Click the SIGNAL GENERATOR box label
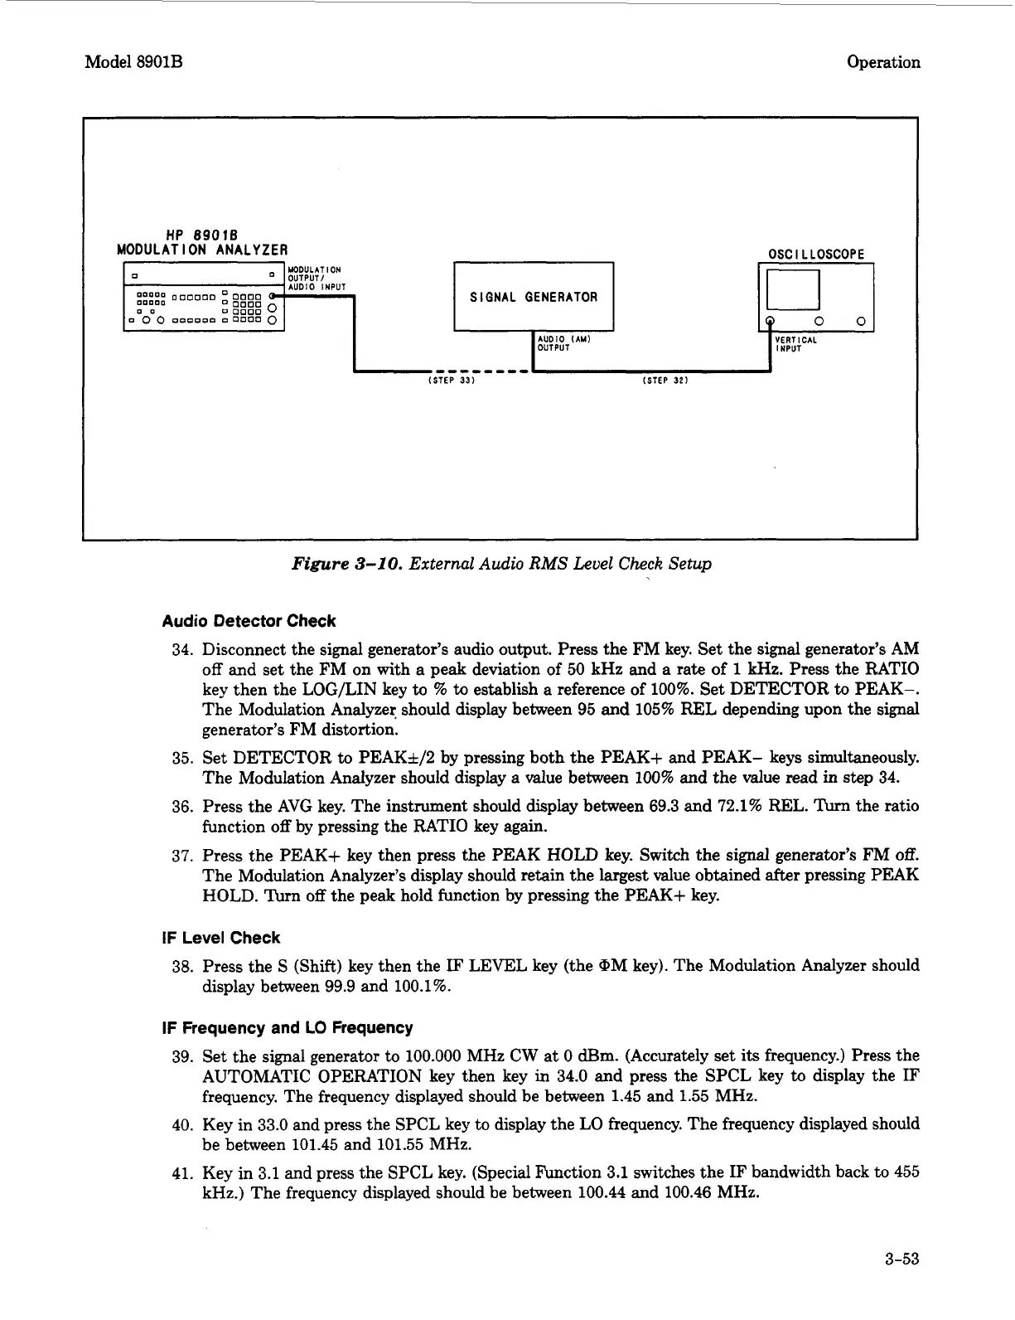[x=534, y=297]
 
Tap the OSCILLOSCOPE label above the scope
[x=816, y=254]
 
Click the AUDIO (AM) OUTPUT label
[x=563, y=344]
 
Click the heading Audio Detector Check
[x=249, y=621]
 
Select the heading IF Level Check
[x=220, y=938]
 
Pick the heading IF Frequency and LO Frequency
[x=287, y=1027]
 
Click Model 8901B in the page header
[x=133, y=62]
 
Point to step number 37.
[x=182, y=856]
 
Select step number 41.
[x=182, y=1172]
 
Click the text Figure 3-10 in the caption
[x=335, y=564]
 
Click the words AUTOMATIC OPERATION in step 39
[x=324, y=1076]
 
